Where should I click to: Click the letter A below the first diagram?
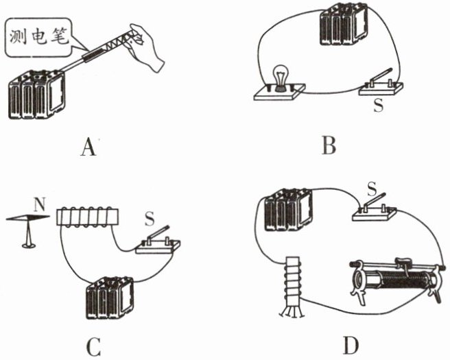pos(86,146)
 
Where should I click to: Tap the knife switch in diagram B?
pos(379,84)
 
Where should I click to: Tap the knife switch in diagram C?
pos(159,242)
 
